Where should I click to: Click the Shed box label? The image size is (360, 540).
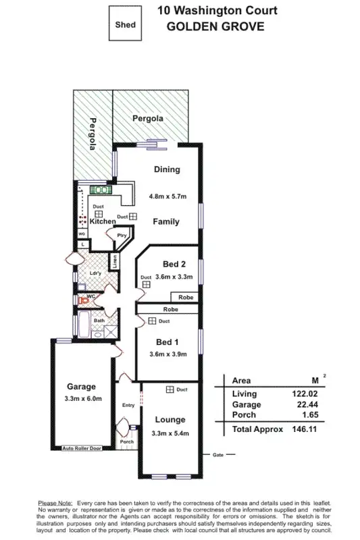click(126, 25)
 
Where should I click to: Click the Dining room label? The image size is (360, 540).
click(166, 169)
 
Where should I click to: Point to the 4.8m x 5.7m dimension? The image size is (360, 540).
click(167, 196)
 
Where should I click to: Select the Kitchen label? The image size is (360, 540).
click(103, 221)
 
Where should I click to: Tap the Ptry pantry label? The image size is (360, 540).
click(122, 235)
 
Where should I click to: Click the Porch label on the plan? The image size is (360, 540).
click(127, 442)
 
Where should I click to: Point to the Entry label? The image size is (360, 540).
click(128, 406)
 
